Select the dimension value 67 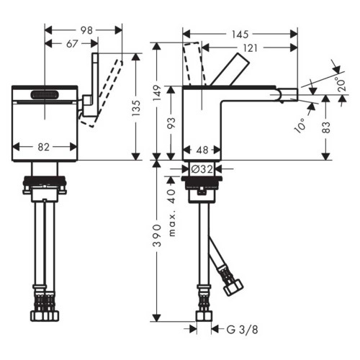(71, 45)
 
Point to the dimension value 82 (43, 147)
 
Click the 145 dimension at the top (240, 33)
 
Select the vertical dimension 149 (156, 94)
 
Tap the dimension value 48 (202, 151)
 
